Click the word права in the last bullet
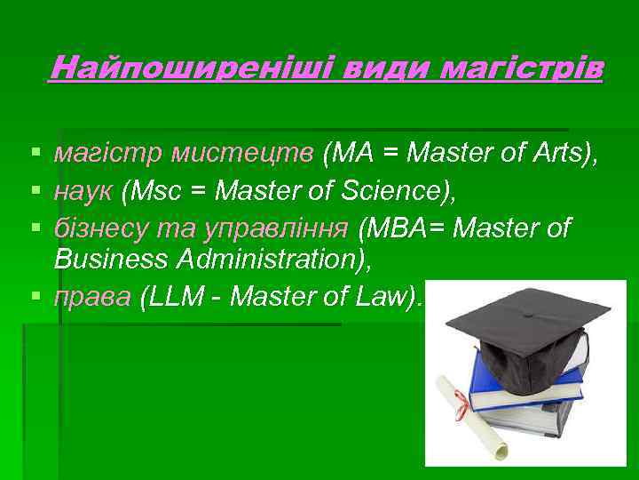click(91, 298)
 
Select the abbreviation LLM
click(171, 297)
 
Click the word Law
click(389, 297)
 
